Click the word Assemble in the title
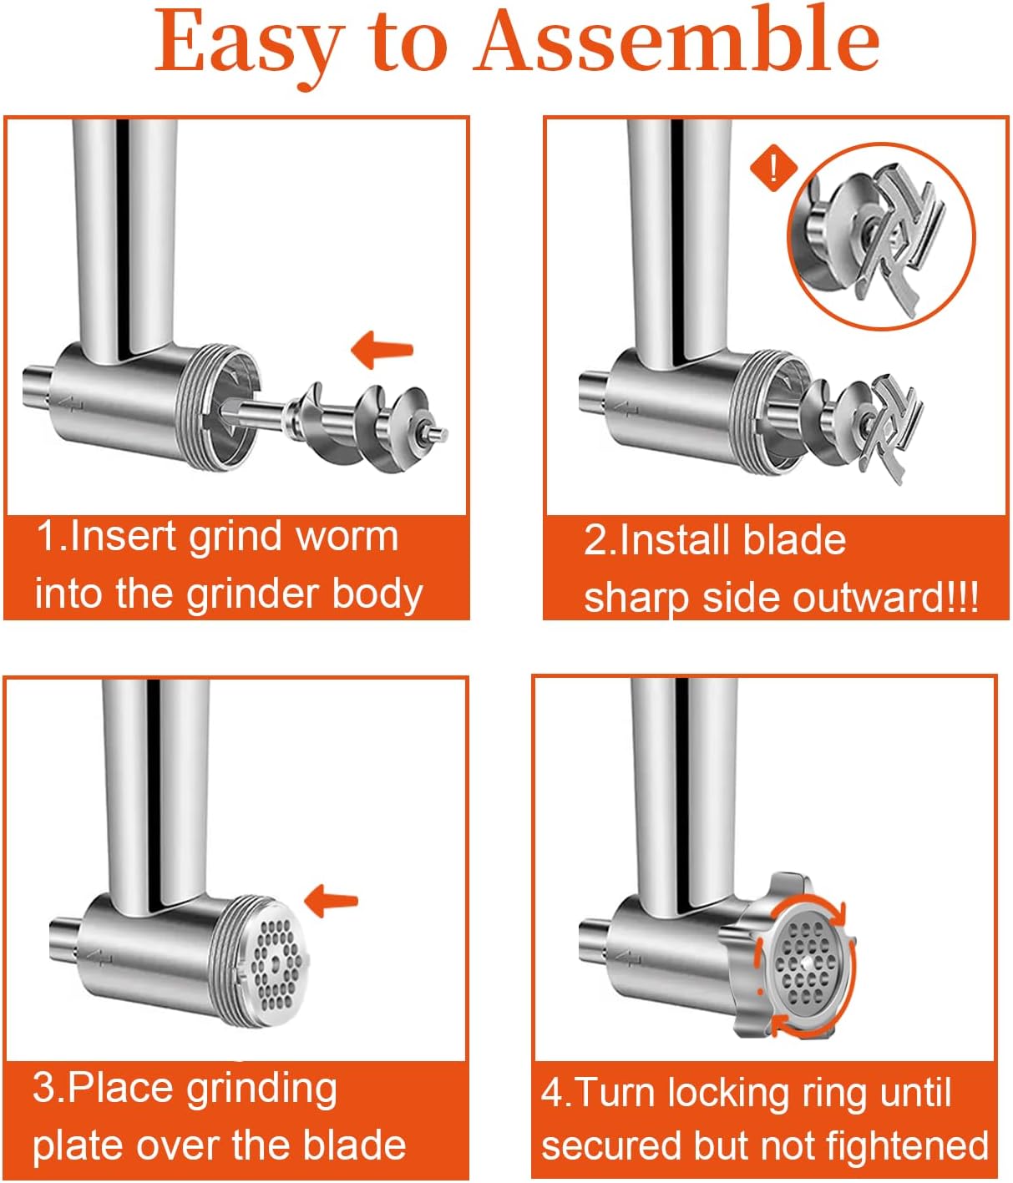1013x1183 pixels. click(676, 41)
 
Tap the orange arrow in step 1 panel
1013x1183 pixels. click(382, 350)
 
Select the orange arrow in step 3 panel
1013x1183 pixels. click(331, 902)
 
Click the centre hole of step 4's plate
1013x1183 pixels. click(807, 965)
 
